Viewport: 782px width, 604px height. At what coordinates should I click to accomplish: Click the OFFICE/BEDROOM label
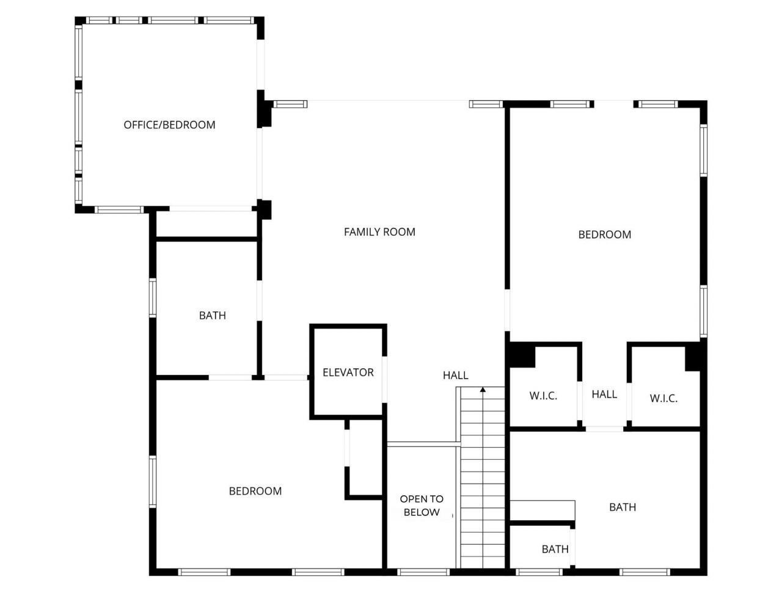(x=169, y=125)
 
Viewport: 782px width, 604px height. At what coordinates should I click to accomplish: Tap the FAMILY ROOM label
(x=379, y=232)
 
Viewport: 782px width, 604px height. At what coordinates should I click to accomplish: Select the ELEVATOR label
(x=348, y=373)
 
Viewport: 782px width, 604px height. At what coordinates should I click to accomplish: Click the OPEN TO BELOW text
(x=422, y=506)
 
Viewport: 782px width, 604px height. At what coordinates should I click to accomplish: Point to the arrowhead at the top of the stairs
(x=483, y=389)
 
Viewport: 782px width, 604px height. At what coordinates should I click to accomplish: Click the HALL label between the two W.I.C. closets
(x=604, y=395)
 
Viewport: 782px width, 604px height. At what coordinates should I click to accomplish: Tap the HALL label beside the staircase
(x=456, y=376)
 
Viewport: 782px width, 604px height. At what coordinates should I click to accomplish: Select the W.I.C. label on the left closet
(x=543, y=396)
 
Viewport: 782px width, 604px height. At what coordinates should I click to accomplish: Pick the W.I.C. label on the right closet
(x=663, y=399)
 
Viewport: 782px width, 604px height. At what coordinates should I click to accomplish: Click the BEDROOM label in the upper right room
(x=604, y=235)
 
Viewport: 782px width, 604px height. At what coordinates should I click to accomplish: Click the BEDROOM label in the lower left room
(x=255, y=491)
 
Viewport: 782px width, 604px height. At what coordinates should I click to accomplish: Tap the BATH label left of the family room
(x=213, y=316)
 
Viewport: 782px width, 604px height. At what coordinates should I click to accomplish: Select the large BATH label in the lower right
(x=623, y=507)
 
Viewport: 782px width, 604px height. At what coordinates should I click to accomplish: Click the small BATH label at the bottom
(x=555, y=550)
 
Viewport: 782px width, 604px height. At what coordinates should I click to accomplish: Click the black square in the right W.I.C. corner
(x=693, y=358)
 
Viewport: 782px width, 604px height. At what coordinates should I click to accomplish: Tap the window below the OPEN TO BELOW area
(x=423, y=572)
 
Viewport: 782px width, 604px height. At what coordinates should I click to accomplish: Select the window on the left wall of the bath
(x=153, y=297)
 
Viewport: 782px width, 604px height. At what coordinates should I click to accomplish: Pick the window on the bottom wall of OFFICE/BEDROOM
(x=119, y=209)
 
